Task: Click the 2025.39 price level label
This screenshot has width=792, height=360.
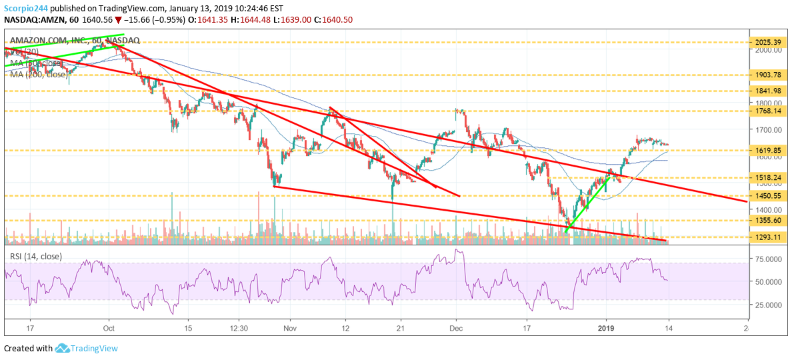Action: coord(767,43)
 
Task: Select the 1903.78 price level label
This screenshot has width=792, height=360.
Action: coord(767,75)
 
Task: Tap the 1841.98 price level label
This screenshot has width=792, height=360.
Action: coord(767,91)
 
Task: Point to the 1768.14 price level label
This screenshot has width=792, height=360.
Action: coord(767,110)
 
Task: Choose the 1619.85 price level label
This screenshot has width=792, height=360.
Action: coord(767,150)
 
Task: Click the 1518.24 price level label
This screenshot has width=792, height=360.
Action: coord(767,177)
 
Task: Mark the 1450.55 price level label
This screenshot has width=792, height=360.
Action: coord(767,196)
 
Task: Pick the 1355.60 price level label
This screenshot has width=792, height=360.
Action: coord(767,220)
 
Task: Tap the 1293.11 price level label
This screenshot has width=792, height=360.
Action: coord(767,237)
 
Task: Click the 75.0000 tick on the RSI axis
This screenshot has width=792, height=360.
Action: coord(769,259)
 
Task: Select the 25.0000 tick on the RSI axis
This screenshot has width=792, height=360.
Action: coord(769,305)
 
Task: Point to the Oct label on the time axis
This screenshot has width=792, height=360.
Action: coord(110,328)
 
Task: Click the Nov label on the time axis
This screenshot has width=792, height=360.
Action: coord(289,328)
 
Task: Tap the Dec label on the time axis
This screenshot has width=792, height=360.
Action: coord(456,328)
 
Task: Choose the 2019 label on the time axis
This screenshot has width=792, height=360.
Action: coord(605,328)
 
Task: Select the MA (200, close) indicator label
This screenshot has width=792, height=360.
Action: coord(39,74)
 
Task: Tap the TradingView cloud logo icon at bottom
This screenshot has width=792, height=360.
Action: coord(63,348)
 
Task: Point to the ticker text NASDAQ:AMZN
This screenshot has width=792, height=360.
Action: coord(33,20)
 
